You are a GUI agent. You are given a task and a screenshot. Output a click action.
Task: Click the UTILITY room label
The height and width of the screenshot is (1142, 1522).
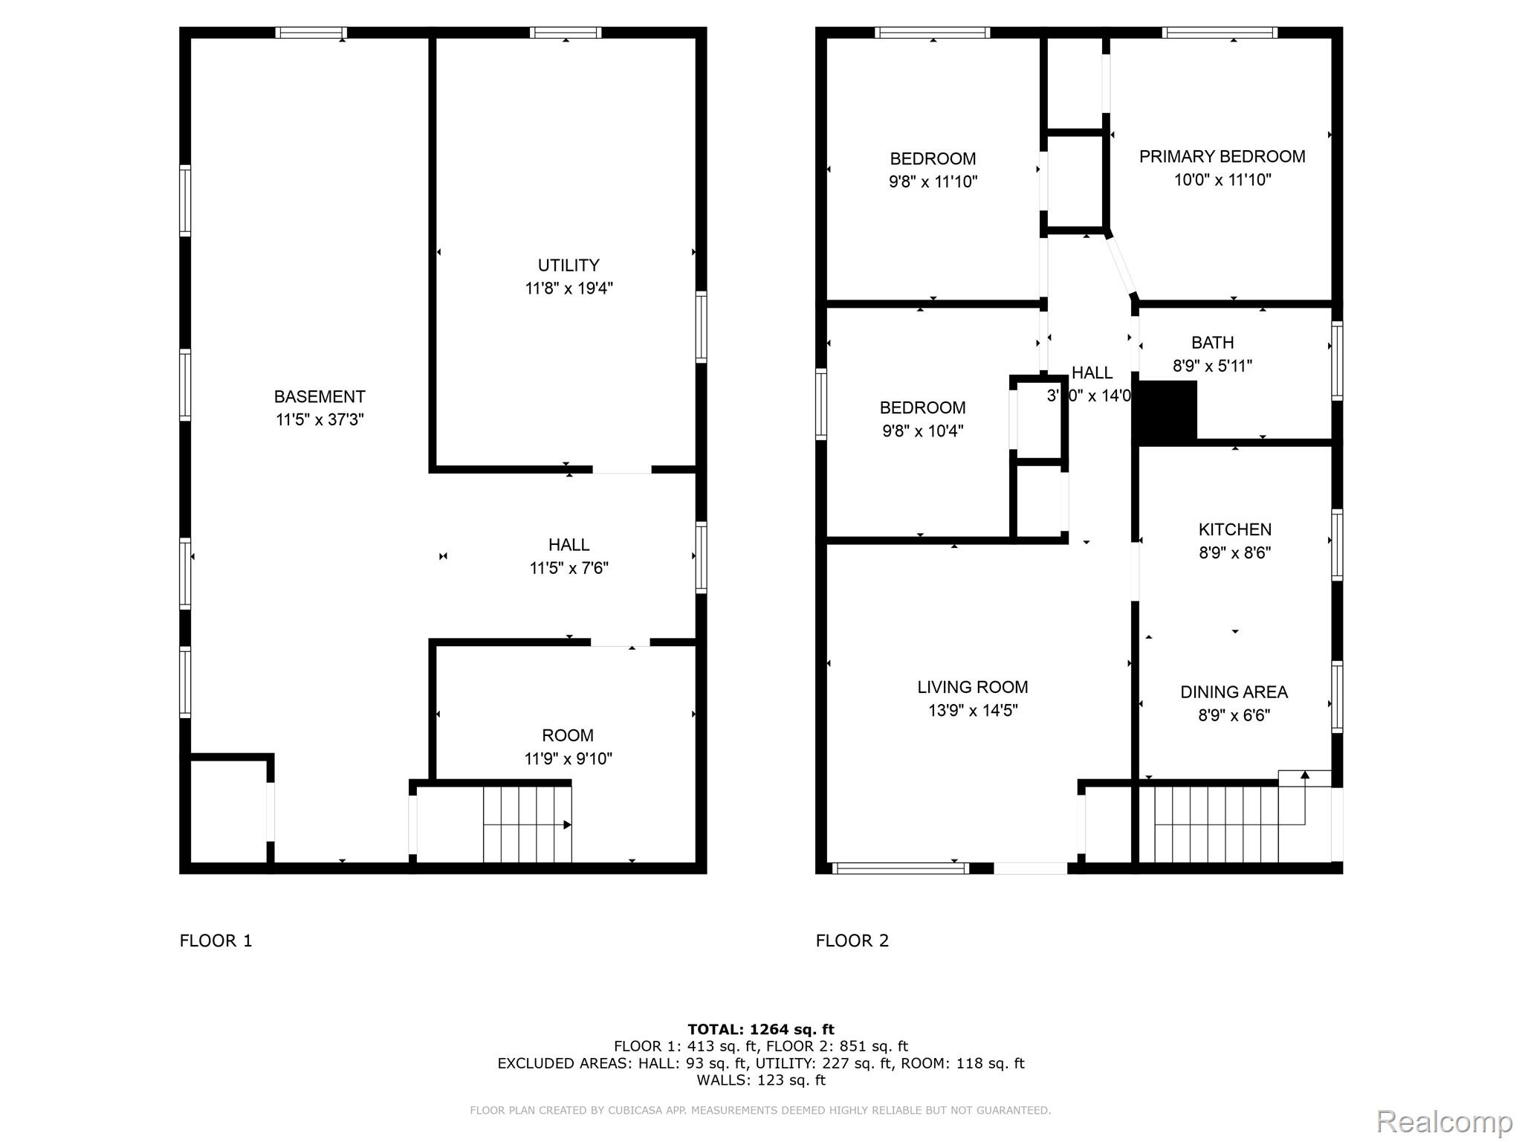(569, 265)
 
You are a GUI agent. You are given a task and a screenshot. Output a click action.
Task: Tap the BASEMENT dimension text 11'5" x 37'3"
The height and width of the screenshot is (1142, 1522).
(320, 420)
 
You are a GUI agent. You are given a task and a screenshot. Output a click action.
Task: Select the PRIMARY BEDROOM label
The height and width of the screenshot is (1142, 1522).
(1222, 157)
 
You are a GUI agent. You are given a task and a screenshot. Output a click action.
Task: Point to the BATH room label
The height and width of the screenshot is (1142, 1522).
(1212, 343)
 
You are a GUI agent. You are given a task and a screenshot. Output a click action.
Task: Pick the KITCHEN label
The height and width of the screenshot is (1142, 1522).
(1234, 529)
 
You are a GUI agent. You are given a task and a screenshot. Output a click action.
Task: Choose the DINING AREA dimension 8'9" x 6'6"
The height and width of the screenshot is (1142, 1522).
(1234, 715)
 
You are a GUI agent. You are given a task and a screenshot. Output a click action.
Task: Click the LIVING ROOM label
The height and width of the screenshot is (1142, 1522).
(972, 687)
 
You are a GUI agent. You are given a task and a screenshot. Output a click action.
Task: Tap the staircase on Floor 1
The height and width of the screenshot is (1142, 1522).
(527, 825)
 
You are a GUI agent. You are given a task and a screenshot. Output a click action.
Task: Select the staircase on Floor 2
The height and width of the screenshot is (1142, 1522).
(1219, 825)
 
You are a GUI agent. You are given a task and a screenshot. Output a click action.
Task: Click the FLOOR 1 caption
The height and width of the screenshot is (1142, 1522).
(216, 941)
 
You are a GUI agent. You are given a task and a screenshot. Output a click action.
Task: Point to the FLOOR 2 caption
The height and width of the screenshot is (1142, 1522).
(852, 941)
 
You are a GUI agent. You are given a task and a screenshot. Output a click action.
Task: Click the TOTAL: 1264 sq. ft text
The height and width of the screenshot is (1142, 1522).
(760, 1030)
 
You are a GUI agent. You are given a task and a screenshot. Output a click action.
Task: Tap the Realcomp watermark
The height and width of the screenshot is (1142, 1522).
(1444, 1120)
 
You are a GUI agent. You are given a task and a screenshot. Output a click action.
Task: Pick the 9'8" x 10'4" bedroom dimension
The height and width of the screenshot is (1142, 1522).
(922, 431)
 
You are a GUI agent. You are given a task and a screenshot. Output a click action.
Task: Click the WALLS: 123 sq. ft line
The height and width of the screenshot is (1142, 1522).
(760, 1080)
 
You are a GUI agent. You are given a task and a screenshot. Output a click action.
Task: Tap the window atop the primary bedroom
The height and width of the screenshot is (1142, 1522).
(1220, 33)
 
